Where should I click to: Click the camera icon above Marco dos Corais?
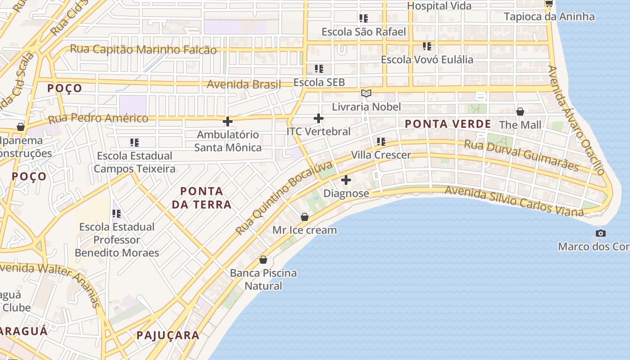(600, 233)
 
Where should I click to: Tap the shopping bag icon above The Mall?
(520, 111)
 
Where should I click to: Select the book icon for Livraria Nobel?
(366, 94)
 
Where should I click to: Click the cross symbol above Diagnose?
(346, 180)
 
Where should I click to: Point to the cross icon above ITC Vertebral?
(318, 118)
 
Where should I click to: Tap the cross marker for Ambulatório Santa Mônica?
(228, 121)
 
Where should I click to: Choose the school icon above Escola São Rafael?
(363, 18)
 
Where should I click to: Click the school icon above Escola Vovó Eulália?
(427, 46)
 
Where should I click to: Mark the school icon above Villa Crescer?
(381, 142)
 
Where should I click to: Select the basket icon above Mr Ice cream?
(305, 217)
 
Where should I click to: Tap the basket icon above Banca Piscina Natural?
(263, 260)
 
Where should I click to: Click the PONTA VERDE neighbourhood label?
(448, 124)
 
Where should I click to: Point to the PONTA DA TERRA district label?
(202, 198)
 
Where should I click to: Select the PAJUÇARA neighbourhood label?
(168, 335)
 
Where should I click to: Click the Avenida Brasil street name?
(243, 84)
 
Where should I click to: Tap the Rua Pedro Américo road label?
(98, 119)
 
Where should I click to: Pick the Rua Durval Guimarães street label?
(521, 155)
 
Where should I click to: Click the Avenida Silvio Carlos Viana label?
(514, 201)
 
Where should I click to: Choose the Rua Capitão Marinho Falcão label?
(144, 49)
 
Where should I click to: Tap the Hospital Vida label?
(439, 6)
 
